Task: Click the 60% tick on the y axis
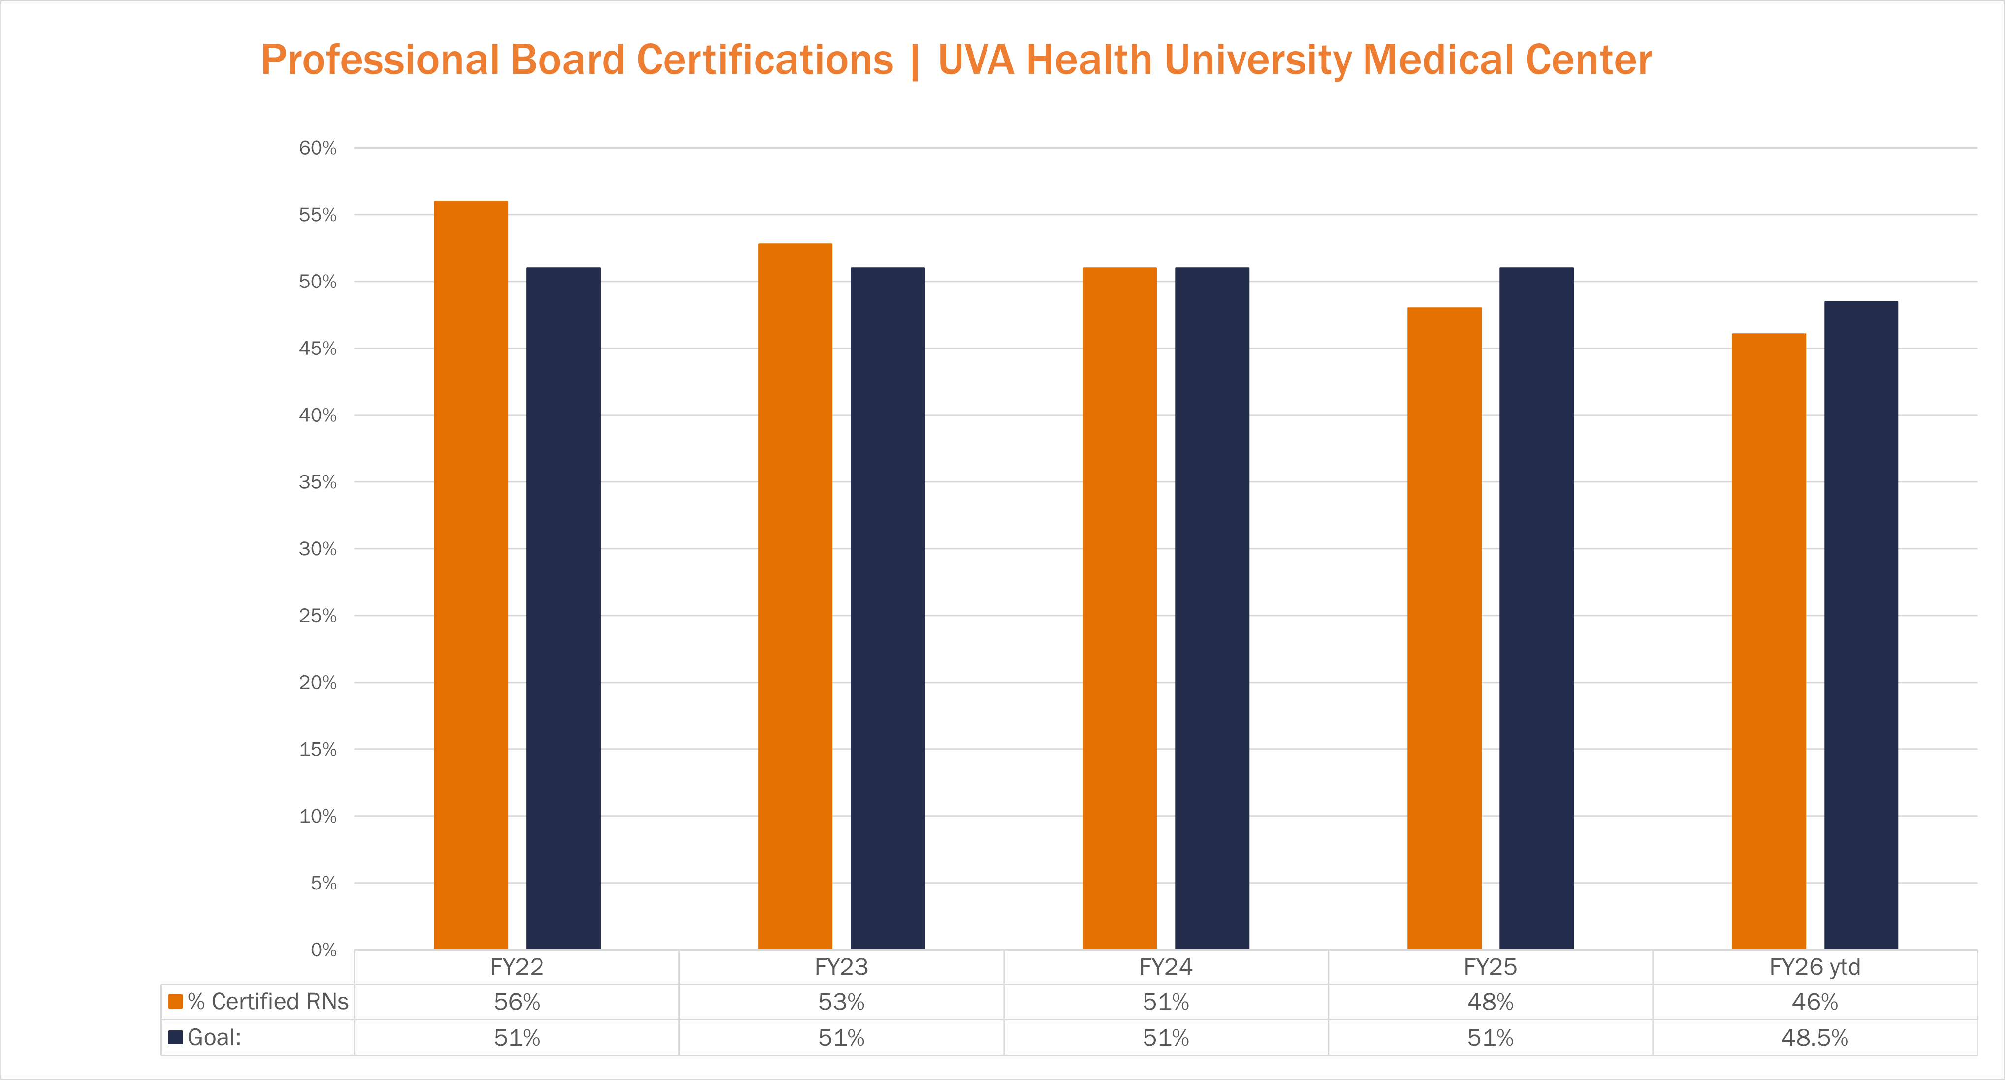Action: (318, 148)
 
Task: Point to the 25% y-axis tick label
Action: (318, 615)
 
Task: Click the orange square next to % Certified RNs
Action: (176, 1001)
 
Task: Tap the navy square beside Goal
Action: (176, 1037)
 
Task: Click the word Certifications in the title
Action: (765, 60)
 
